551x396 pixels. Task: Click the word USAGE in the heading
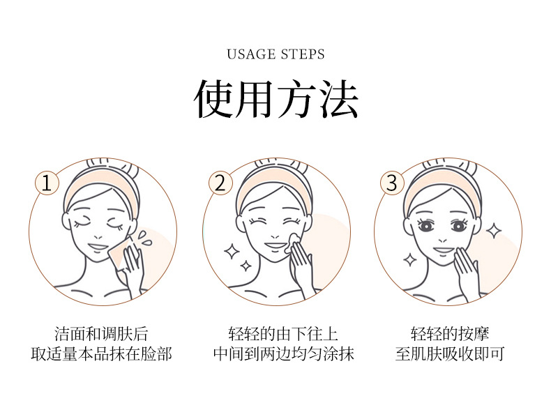pyautogui.click(x=251, y=54)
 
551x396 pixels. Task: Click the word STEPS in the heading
pyautogui.click(x=303, y=54)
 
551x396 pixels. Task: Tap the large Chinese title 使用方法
pyautogui.click(x=276, y=99)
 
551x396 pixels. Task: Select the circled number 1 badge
pyautogui.click(x=47, y=183)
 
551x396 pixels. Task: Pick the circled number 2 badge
pyautogui.click(x=220, y=183)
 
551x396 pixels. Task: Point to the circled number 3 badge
pyautogui.click(x=392, y=183)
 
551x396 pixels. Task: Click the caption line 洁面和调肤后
pyautogui.click(x=101, y=334)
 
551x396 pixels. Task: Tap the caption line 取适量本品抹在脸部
pyautogui.click(x=101, y=354)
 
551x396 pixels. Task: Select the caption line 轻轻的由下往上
pyautogui.click(x=283, y=334)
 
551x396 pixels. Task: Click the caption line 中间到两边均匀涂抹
pyautogui.click(x=284, y=354)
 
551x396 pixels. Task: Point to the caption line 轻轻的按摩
pyautogui.click(x=450, y=334)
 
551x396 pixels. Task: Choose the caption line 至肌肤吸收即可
pyautogui.click(x=450, y=354)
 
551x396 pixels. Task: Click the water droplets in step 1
pyautogui.click(x=144, y=238)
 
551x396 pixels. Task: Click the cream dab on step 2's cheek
pyautogui.click(x=294, y=242)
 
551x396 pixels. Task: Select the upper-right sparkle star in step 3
pyautogui.click(x=494, y=231)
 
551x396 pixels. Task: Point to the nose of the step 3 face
pyautogui.click(x=443, y=241)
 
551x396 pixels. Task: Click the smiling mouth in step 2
pyautogui.click(x=276, y=245)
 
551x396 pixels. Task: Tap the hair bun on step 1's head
pyautogui.click(x=112, y=165)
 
